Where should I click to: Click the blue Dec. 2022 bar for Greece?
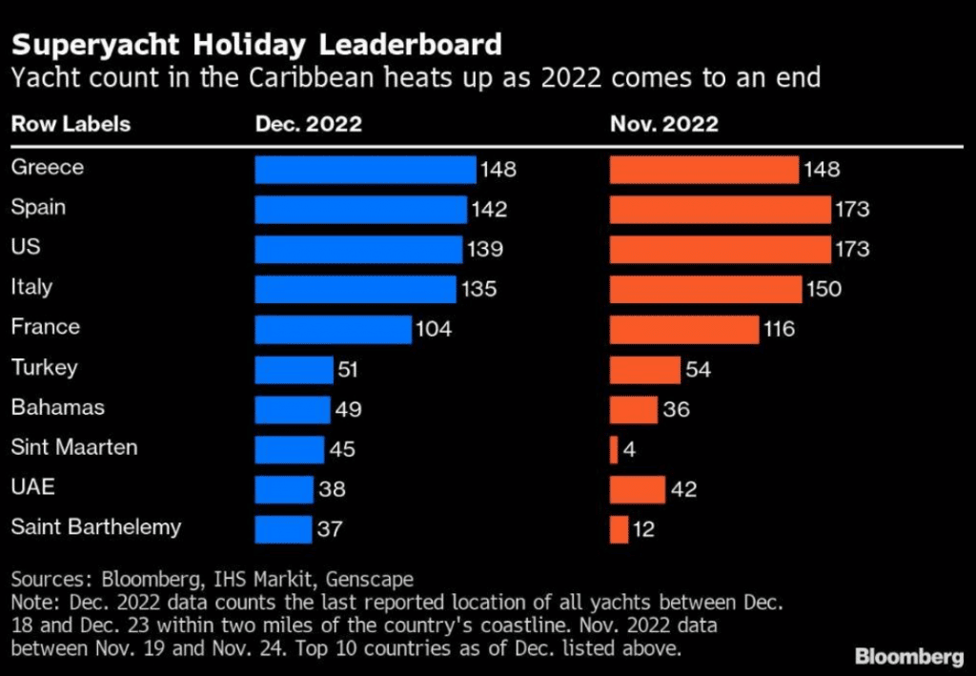pos(365,170)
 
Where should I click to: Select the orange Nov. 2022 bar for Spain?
pos(720,210)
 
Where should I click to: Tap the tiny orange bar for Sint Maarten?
pos(614,448)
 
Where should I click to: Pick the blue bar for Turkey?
pos(294,369)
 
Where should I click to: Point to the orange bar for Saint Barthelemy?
pos(619,528)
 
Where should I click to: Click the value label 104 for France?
pos(433,329)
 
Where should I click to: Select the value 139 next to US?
pos(484,249)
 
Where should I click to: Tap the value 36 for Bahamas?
pos(676,409)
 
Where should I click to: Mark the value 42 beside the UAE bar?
pos(683,489)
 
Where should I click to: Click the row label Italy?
pos(31,287)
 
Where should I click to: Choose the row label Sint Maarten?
pos(74,447)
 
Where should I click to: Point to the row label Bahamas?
pos(57,407)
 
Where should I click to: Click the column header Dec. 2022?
pos(308,124)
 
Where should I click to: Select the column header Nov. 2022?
pos(664,124)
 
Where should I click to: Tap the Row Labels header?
pos(70,124)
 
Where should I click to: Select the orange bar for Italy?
pos(705,289)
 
